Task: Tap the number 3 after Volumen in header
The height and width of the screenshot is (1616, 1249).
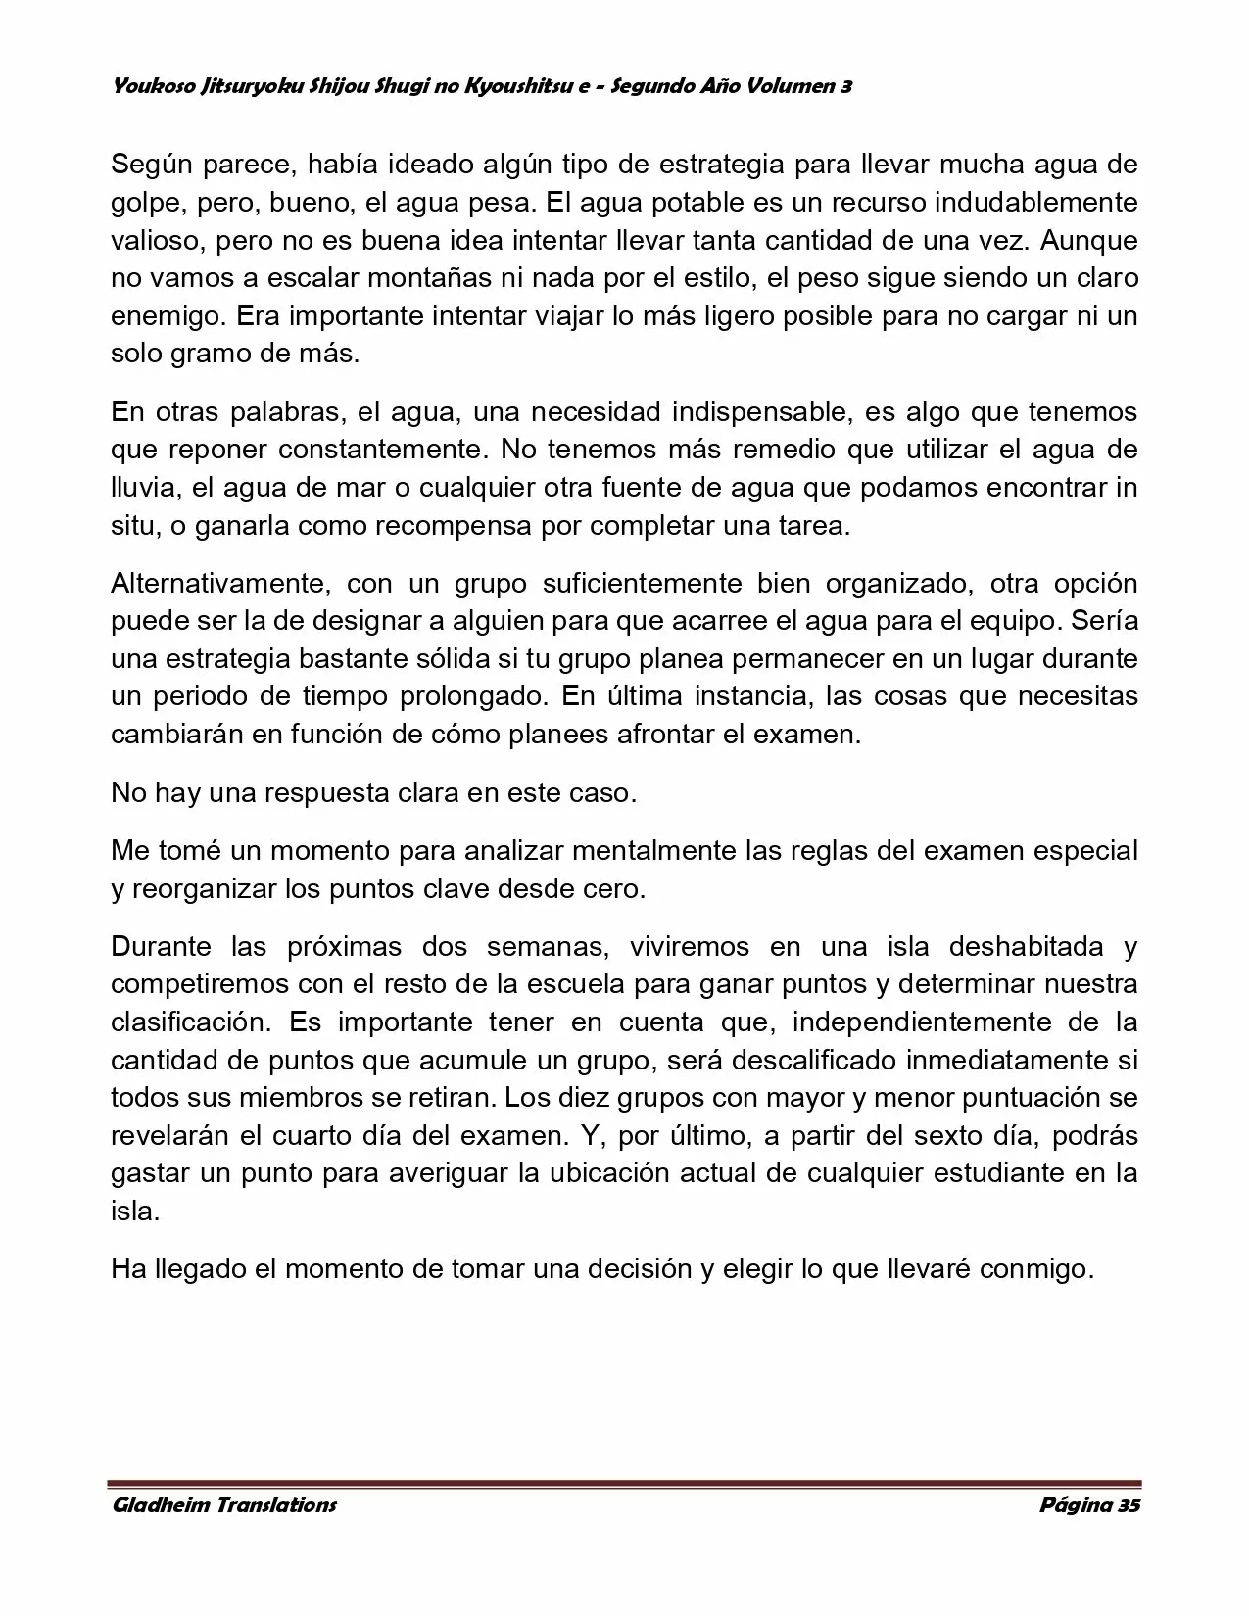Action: point(844,86)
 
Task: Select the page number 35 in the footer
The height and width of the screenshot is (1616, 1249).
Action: point(1129,1505)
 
